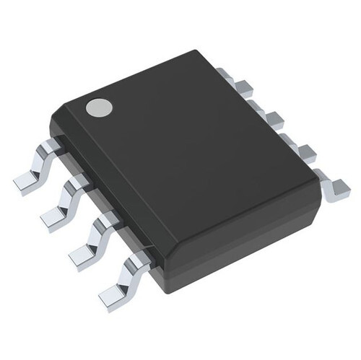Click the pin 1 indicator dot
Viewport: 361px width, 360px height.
pyautogui.click(x=98, y=108)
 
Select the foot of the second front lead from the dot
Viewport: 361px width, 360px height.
pyautogui.click(x=55, y=216)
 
